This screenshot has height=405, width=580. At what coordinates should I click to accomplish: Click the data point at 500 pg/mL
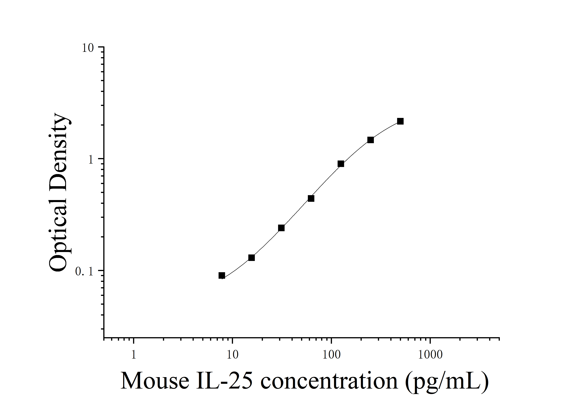point(400,121)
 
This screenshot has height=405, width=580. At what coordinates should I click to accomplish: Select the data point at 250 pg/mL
point(370,140)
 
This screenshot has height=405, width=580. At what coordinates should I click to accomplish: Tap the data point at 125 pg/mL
point(341,164)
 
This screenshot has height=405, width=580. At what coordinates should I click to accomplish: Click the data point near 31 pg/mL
point(281,228)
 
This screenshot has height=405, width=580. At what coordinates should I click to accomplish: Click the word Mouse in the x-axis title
point(155,381)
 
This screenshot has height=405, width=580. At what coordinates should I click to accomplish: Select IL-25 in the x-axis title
point(224,381)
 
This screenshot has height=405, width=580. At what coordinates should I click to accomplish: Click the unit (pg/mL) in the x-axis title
point(447,381)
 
